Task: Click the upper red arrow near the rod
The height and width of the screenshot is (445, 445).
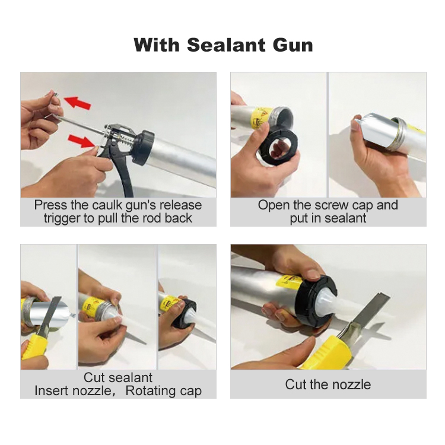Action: click(x=77, y=103)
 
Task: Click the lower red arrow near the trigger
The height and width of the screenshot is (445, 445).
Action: click(x=82, y=141)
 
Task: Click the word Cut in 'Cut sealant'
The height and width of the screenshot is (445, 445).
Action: click(x=94, y=378)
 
